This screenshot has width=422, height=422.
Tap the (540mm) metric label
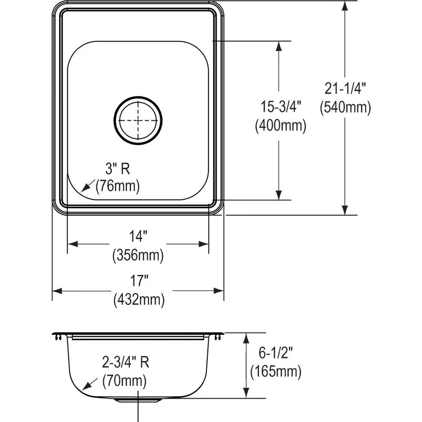tap(345, 108)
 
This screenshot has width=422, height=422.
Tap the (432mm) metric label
tap(139, 300)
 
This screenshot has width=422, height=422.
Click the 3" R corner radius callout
tap(117, 169)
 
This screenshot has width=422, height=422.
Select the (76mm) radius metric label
tap(117, 186)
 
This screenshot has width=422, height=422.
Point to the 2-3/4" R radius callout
tap(126, 362)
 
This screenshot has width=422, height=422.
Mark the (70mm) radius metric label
tap(124, 379)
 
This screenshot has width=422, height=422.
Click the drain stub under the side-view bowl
tap(138, 400)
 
